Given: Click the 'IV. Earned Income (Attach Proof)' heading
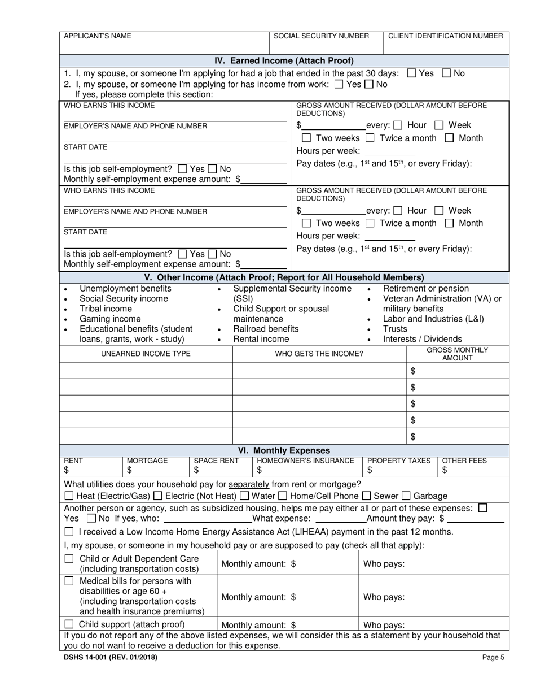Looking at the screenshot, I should point(284,60).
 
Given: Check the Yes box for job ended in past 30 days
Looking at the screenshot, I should point(411,73).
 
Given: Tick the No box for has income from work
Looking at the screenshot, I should point(369,84).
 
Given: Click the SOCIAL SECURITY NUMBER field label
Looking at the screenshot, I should point(321,36).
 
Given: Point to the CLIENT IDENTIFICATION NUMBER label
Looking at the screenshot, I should point(445,36).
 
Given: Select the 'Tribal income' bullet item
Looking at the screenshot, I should point(106,309).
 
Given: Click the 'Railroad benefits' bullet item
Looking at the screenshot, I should point(266,329).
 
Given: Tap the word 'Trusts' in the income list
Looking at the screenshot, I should point(395,329).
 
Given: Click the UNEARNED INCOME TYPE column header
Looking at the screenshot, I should point(146,354).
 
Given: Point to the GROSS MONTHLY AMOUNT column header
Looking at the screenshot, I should point(457,354).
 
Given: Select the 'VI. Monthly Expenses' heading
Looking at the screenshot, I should point(284,450).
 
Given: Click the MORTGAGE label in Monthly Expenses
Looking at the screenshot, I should point(147,461).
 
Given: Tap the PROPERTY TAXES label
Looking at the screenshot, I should point(398,461).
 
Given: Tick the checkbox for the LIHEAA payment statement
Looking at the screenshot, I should point(69,532).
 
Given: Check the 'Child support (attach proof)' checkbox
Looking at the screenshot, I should point(69,624).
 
